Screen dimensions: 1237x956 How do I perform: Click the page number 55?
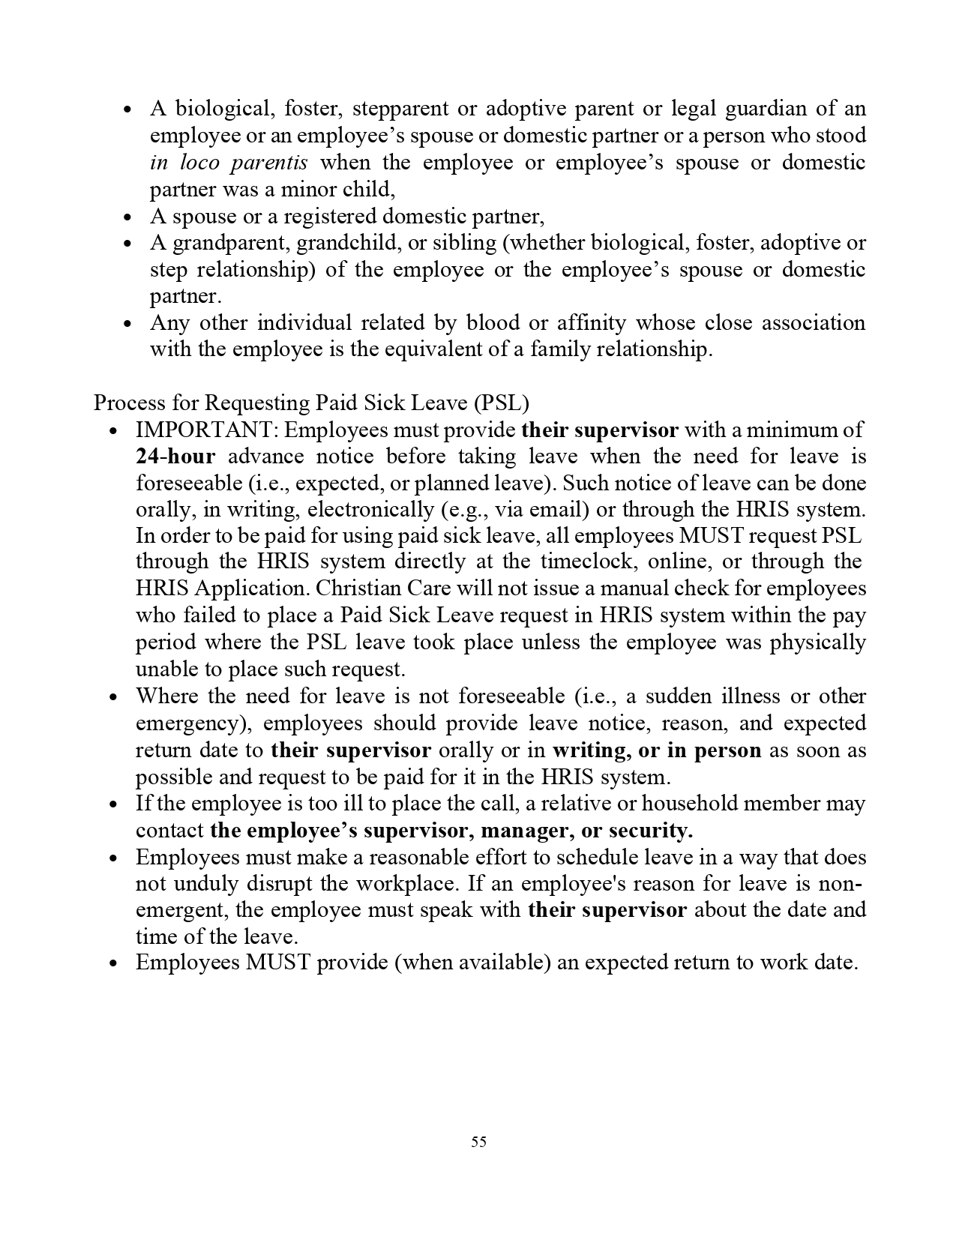(478, 1142)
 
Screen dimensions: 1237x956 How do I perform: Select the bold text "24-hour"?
(175, 457)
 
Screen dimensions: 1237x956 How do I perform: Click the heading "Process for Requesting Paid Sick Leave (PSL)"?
(311, 403)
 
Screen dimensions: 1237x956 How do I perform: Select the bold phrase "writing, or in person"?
(657, 750)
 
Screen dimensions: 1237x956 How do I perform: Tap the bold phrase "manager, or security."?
(586, 831)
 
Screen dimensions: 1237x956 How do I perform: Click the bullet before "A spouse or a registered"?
(128, 217)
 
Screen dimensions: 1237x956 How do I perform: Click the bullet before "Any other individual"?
(128, 324)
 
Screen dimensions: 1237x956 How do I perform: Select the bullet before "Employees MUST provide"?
(114, 964)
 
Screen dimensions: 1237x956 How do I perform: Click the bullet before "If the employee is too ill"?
(114, 804)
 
